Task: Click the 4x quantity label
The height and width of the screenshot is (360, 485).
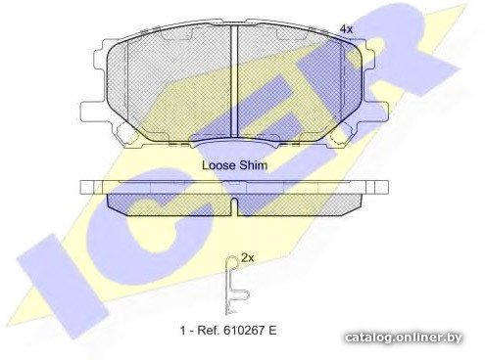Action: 346,29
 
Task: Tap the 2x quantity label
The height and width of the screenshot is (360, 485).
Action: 247,258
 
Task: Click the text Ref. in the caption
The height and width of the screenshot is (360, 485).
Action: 209,331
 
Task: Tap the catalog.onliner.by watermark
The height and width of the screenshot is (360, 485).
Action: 404,337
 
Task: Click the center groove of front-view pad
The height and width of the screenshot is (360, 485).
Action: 234,81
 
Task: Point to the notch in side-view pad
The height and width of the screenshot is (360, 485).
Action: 234,206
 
